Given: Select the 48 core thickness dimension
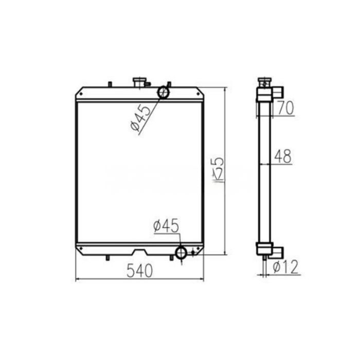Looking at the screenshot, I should [282, 156].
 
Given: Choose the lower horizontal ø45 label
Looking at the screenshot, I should [166, 226].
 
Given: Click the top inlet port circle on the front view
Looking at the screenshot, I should [164, 92].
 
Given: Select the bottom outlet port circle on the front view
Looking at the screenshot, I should [181, 253].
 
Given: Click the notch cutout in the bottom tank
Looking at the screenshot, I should [140, 251].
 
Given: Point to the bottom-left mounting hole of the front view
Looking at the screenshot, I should [81, 250].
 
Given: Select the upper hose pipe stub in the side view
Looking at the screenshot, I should [278, 93].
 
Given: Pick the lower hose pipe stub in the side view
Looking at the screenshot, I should [278, 251].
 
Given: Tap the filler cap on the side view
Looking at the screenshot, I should [265, 81].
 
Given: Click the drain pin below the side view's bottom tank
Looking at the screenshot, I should [264, 260].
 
